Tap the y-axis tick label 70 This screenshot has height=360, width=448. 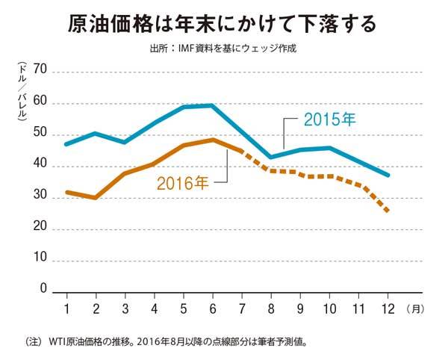pos(40,70)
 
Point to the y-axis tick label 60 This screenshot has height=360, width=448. pos(40,102)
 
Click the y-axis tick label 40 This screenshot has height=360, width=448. pos(40,164)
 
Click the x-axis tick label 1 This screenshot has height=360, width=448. pos(66,307)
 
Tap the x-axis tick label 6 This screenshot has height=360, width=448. pos(213,307)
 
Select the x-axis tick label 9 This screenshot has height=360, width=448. pos(300,307)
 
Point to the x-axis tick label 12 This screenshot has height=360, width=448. pos(388,307)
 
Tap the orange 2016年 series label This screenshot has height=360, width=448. pos(182,181)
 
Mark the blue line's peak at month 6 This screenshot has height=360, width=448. pos(213,105)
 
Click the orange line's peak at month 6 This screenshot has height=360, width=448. pos(213,140)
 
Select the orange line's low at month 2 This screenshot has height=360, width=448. pos(96,198)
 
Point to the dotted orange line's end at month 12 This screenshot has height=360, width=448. pos(388,211)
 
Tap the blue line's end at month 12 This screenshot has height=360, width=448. pos(388,175)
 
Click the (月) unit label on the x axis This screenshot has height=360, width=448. pos(416,308)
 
